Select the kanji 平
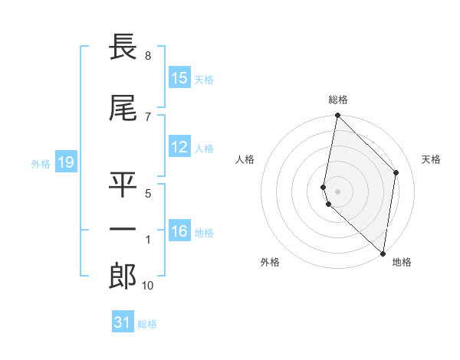[123, 185]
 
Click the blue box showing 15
[179, 78]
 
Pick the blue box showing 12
[179, 147]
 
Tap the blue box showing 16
[179, 231]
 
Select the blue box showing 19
[65, 162]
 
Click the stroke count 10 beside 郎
[148, 286]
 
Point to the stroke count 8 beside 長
[148, 56]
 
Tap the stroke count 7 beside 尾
[148, 116]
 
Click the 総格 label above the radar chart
[338, 100]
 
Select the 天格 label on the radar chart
[431, 159]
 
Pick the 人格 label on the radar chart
[245, 159]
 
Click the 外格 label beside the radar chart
[270, 263]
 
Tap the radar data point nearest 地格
[383, 253]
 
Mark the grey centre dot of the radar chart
[338, 191]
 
